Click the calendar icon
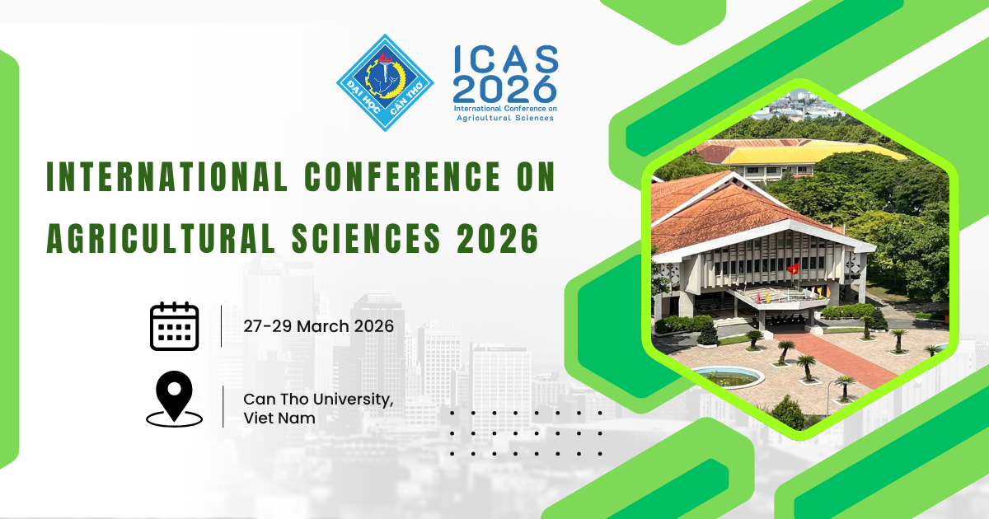point(175,326)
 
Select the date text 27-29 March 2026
point(318,326)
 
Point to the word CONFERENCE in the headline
point(402,177)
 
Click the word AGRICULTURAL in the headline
point(161,238)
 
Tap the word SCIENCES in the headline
point(366,238)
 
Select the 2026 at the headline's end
point(498,238)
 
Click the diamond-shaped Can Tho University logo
point(385,83)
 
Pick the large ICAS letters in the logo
point(506,59)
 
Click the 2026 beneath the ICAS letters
point(505,89)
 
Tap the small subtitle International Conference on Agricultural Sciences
point(505,113)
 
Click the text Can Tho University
point(318,400)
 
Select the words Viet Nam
point(279,418)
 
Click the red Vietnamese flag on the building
point(793,268)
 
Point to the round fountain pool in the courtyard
point(728,376)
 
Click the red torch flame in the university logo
point(385,58)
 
